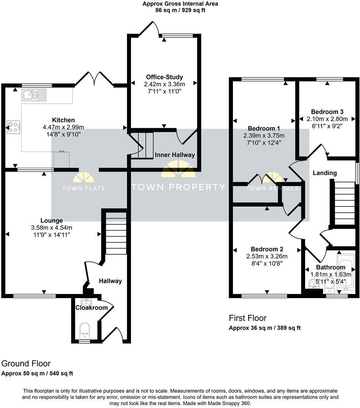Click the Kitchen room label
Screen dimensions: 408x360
[63, 120]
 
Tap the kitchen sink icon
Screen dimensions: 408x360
[35, 95]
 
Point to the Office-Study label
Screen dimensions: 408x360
[164, 77]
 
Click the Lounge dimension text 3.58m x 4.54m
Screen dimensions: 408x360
[51, 228]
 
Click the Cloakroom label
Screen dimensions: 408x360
[92, 308]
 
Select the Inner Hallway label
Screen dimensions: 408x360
[175, 155]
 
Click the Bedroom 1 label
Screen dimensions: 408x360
[264, 128]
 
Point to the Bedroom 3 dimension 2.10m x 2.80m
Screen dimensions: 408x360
[327, 119]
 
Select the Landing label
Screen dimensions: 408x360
[325, 173]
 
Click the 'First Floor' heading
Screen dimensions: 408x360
[247, 318]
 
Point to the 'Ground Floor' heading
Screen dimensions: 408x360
[26, 363]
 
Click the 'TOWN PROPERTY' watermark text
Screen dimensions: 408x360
[178, 187]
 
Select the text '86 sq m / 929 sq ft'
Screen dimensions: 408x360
[180, 10]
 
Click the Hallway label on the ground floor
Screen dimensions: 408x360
[110, 281]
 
